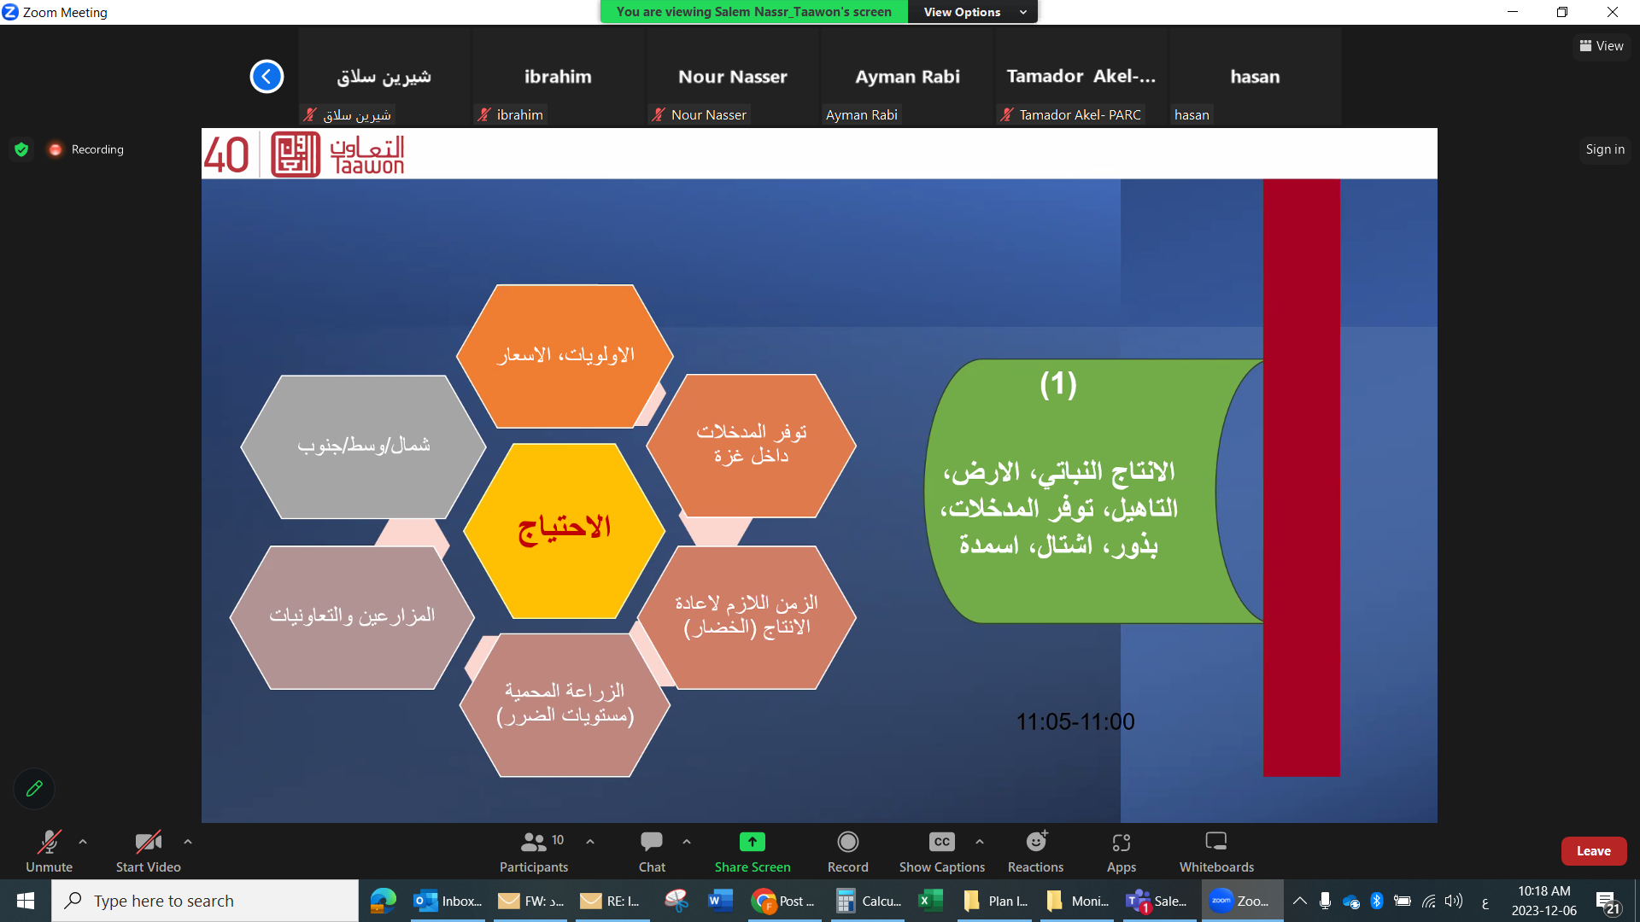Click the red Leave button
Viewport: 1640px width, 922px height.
click(1594, 851)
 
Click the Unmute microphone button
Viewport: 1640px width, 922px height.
click(50, 851)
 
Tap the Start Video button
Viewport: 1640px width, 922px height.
click(149, 851)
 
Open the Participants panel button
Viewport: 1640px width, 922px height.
click(534, 851)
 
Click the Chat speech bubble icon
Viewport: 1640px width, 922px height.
click(652, 842)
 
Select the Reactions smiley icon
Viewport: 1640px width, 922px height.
click(1036, 842)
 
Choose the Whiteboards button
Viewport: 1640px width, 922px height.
click(1216, 851)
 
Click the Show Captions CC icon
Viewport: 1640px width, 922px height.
click(942, 842)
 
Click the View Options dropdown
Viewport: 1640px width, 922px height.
click(973, 12)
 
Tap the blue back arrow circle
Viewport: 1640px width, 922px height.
click(266, 77)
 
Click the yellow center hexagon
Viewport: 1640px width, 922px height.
click(565, 531)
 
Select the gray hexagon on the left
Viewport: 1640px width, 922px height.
click(364, 446)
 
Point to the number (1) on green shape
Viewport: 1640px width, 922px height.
click(1058, 384)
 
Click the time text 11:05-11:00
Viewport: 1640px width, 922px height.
click(1075, 722)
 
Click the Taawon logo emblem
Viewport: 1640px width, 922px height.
click(296, 155)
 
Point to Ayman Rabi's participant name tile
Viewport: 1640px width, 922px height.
click(908, 77)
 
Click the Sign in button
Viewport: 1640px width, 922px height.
click(1605, 149)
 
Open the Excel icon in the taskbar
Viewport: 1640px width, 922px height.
click(929, 901)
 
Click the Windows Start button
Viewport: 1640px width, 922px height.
click(26, 901)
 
